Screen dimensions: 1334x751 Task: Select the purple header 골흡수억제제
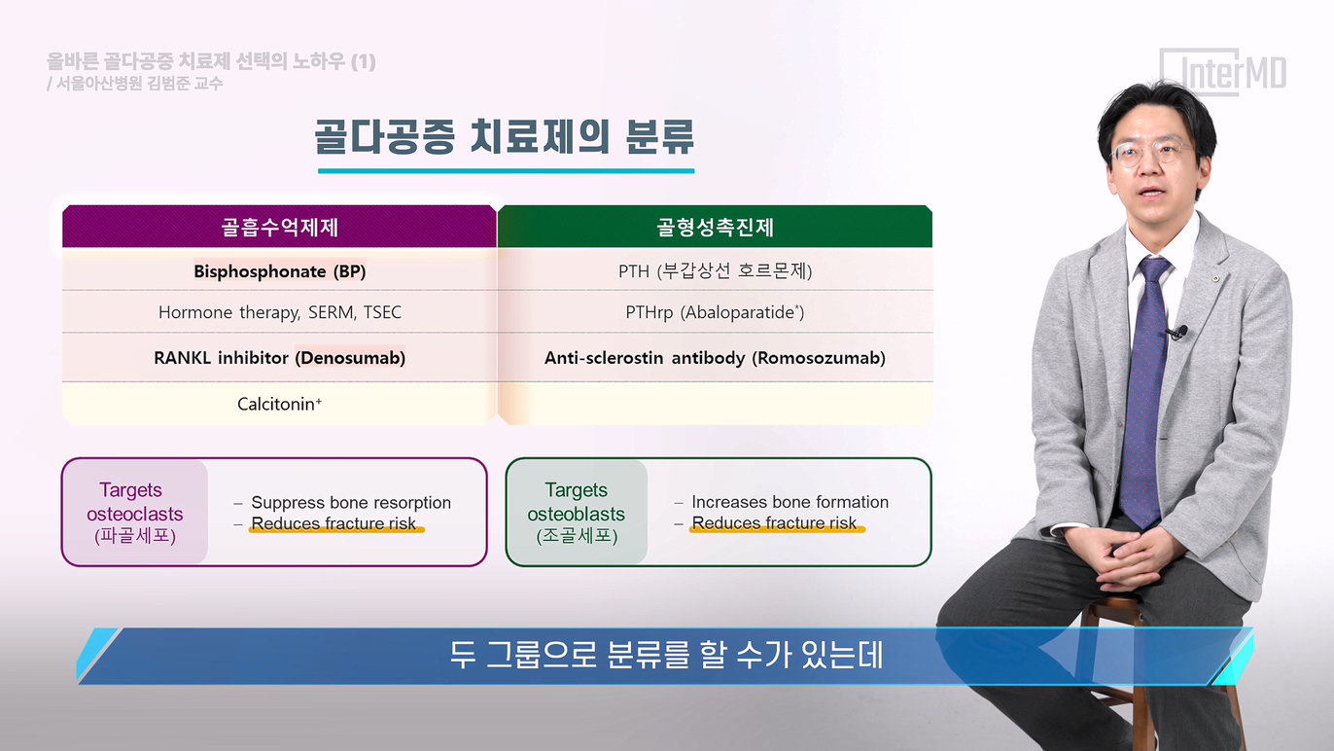(279, 227)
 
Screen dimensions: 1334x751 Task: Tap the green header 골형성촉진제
(715, 227)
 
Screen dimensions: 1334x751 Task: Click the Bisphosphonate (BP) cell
(279, 271)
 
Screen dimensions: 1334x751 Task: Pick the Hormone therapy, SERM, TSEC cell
(279, 312)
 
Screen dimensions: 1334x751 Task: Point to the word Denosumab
(350, 358)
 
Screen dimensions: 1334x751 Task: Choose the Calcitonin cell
(279, 404)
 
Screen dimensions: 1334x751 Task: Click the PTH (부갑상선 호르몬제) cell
(715, 271)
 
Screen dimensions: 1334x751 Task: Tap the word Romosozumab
(819, 358)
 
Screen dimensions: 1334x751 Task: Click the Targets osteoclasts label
(134, 513)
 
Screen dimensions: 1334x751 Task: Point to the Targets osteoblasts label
(576, 513)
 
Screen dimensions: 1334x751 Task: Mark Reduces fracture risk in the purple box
(333, 523)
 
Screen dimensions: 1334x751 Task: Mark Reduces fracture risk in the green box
(774, 522)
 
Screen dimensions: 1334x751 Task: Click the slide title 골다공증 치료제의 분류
(504, 136)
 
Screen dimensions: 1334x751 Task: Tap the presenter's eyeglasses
(1152, 152)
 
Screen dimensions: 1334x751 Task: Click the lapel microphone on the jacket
(1177, 332)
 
